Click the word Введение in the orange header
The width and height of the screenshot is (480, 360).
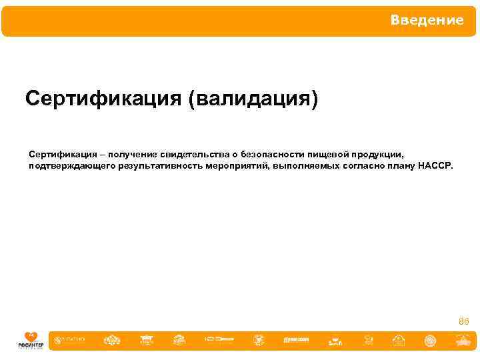[427, 20]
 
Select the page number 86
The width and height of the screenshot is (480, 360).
[464, 321]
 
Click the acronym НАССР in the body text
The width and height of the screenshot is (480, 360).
[435, 165]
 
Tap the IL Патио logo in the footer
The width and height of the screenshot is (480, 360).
[70, 341]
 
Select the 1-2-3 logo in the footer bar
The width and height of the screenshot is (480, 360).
[219, 341]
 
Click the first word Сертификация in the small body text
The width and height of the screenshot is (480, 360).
[56, 153]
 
